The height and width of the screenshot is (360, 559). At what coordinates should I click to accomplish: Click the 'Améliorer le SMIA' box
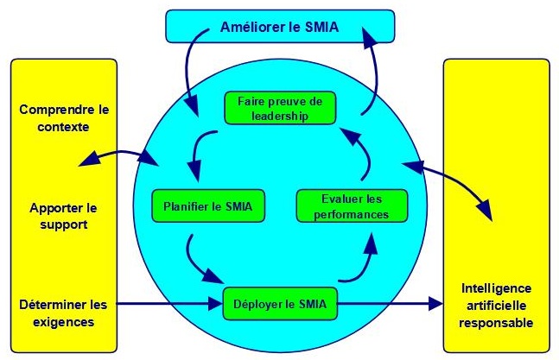(279, 26)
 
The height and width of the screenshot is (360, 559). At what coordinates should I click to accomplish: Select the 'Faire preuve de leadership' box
(279, 106)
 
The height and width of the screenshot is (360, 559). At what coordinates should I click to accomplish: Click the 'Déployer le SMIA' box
(279, 304)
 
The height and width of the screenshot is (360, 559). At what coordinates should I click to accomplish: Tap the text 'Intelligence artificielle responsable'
(496, 305)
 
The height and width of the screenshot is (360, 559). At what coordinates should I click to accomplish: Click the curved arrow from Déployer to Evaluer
(363, 261)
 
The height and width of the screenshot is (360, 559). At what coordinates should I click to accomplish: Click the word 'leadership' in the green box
(279, 115)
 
